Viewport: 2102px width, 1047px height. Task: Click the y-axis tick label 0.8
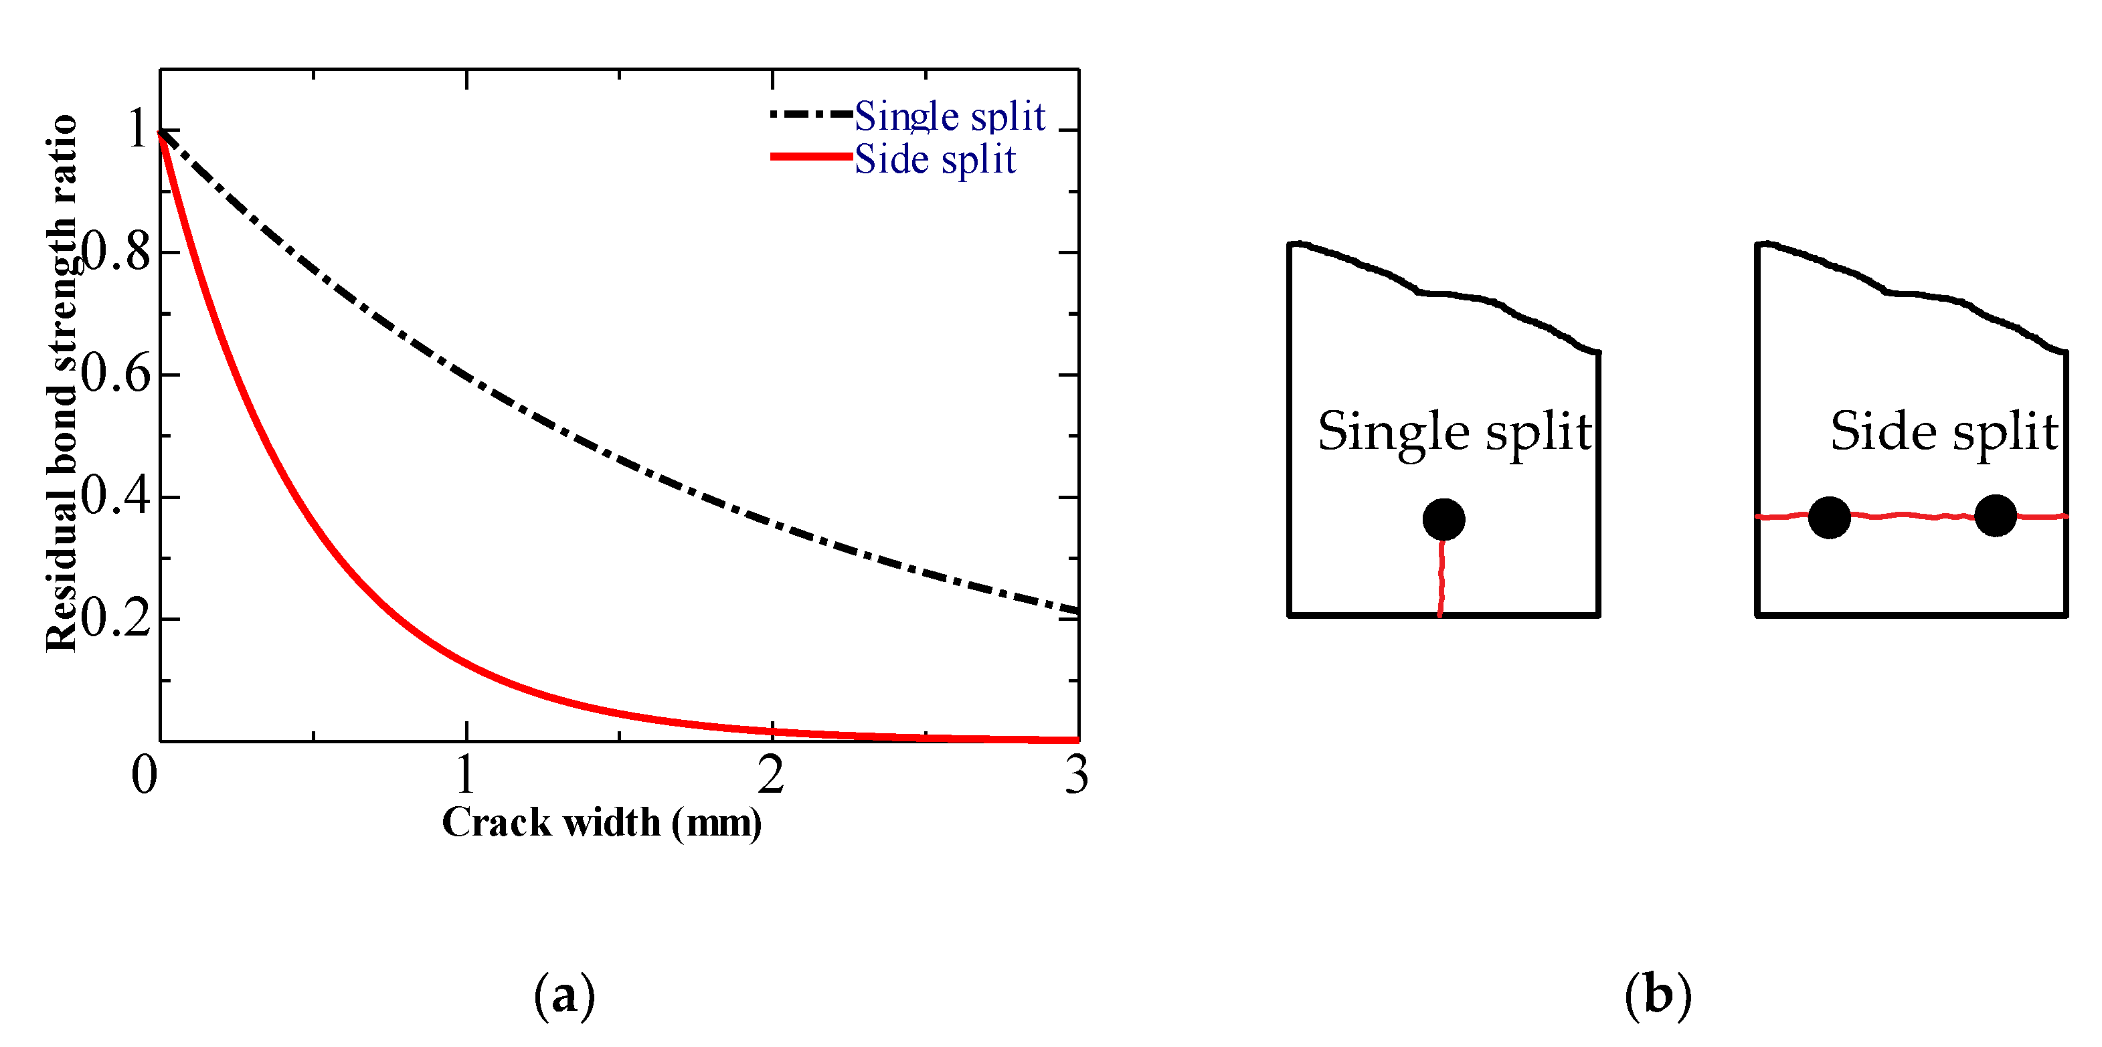pyautogui.click(x=116, y=252)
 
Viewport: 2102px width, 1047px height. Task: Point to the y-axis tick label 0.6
pyautogui.click(x=116, y=375)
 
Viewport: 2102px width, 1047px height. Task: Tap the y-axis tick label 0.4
pyautogui.click(x=116, y=496)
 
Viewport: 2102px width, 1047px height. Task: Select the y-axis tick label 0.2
pyautogui.click(x=116, y=619)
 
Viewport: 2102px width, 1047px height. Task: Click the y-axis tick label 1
pyautogui.click(x=138, y=130)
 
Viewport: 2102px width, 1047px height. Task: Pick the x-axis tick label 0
pyautogui.click(x=145, y=775)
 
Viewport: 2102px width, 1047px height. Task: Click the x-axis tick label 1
pyautogui.click(x=465, y=775)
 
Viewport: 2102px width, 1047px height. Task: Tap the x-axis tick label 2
pyautogui.click(x=771, y=775)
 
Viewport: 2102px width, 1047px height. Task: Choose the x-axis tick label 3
pyautogui.click(x=1076, y=775)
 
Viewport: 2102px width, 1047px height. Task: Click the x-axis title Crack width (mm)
pyautogui.click(x=602, y=823)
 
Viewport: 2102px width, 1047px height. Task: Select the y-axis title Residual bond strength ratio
pyautogui.click(x=61, y=383)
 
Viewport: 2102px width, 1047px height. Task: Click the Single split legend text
pyautogui.click(x=950, y=116)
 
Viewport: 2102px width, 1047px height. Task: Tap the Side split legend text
pyautogui.click(x=935, y=159)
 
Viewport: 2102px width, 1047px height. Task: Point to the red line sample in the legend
pyautogui.click(x=811, y=156)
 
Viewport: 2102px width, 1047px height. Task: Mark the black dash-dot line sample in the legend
pyautogui.click(x=811, y=114)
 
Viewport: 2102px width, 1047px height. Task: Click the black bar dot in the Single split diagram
pyautogui.click(x=1443, y=520)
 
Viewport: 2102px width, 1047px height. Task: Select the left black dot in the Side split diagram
pyautogui.click(x=1830, y=517)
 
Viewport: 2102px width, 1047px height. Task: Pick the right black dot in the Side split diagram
pyautogui.click(x=1996, y=516)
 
